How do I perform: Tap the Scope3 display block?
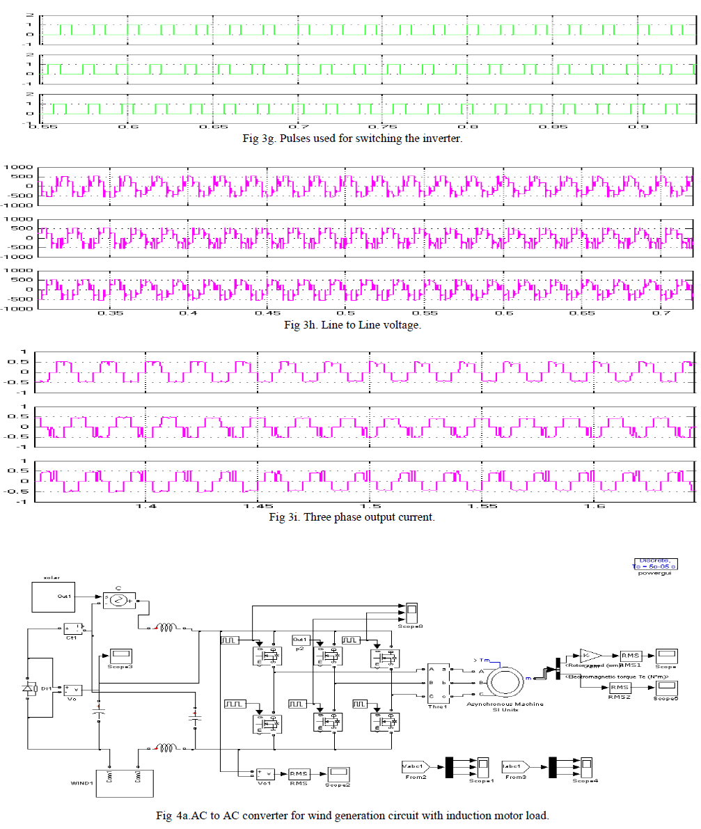click(120, 655)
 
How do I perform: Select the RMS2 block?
click(619, 687)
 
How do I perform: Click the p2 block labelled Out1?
click(301, 639)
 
